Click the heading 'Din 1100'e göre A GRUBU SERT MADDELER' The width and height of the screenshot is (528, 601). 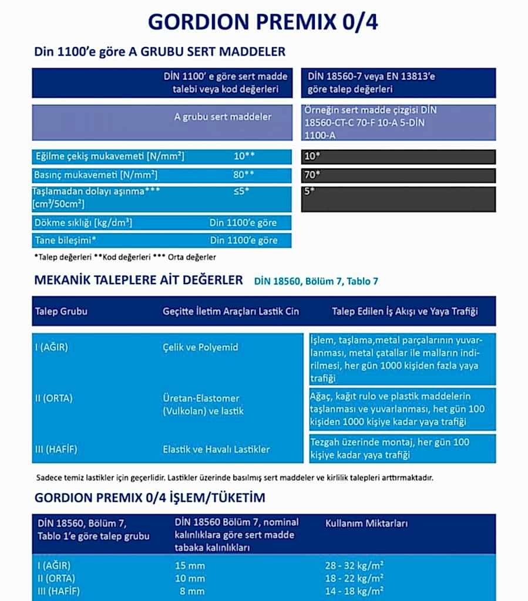tap(160, 52)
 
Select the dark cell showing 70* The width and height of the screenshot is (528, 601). tap(398, 175)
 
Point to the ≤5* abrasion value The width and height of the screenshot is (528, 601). tap(241, 191)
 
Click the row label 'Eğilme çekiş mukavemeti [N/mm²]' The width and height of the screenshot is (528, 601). tap(110, 157)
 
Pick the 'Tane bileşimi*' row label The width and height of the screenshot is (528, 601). tap(66, 240)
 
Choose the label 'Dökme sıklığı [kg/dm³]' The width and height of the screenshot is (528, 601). tap(83, 223)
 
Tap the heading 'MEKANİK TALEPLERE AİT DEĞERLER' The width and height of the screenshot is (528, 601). tap(139, 281)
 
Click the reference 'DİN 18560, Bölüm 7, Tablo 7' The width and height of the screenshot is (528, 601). tap(316, 282)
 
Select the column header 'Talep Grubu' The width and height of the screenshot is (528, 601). tap(61, 311)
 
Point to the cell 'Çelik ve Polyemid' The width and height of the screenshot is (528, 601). tap(200, 347)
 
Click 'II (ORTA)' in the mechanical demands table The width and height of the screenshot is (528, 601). tap(53, 399)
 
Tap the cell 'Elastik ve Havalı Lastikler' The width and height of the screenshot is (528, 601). tap(216, 450)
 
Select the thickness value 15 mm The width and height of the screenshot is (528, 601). tap(190, 566)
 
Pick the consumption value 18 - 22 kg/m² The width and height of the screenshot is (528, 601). tap(354, 579)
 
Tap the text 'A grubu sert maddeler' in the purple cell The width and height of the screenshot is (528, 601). tap(223, 117)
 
